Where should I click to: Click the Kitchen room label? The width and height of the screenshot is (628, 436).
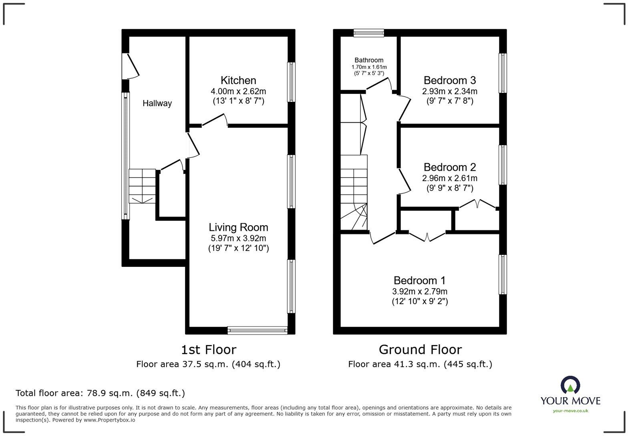[x=238, y=80]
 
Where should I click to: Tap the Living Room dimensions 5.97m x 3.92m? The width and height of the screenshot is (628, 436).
[x=238, y=238]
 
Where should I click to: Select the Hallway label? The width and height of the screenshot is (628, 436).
[x=157, y=103]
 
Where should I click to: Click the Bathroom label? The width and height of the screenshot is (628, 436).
[x=369, y=60]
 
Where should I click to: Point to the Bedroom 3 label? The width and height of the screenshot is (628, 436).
[x=449, y=80]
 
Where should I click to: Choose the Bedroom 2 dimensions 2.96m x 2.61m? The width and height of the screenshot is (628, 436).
[x=449, y=178]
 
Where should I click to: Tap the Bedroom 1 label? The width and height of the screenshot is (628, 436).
[x=419, y=281]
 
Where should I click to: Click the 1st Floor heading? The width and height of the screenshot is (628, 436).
[x=208, y=350]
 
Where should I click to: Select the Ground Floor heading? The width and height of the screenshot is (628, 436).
[x=420, y=350]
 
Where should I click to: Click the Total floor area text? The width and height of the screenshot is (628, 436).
[x=100, y=393]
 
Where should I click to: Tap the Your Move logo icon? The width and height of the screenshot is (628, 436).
[x=570, y=385]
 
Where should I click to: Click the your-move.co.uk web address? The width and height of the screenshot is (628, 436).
[x=570, y=410]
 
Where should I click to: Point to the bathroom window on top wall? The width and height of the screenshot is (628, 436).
[x=369, y=33]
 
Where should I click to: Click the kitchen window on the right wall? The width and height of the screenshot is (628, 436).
[x=292, y=82]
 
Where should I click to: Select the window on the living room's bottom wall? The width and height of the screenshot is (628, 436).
[x=257, y=331]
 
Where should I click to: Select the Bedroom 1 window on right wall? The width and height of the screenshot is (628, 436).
[x=503, y=275]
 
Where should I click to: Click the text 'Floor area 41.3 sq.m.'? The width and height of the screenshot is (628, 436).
[x=394, y=364]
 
